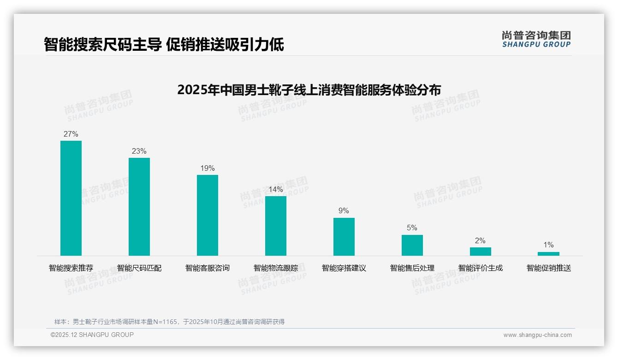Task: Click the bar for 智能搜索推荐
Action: click(71, 198)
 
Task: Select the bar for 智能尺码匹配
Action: click(139, 207)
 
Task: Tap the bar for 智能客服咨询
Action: click(208, 215)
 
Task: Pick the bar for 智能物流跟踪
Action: click(276, 226)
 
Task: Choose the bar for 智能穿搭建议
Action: click(344, 237)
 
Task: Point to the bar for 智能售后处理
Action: click(412, 245)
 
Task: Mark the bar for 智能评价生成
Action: click(480, 252)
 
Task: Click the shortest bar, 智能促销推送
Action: click(548, 254)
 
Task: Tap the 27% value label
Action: click(71, 134)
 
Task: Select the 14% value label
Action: click(276, 190)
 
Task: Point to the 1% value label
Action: click(548, 245)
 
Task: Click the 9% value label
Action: click(344, 211)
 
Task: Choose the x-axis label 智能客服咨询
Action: click(208, 268)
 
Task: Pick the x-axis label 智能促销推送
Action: click(549, 268)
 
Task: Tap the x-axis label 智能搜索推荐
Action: click(71, 268)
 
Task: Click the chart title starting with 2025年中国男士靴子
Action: click(309, 90)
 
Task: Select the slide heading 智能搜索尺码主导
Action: click(164, 45)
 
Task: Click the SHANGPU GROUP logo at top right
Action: click(536, 39)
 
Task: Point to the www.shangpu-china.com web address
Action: click(537, 335)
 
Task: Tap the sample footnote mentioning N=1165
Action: click(169, 322)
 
